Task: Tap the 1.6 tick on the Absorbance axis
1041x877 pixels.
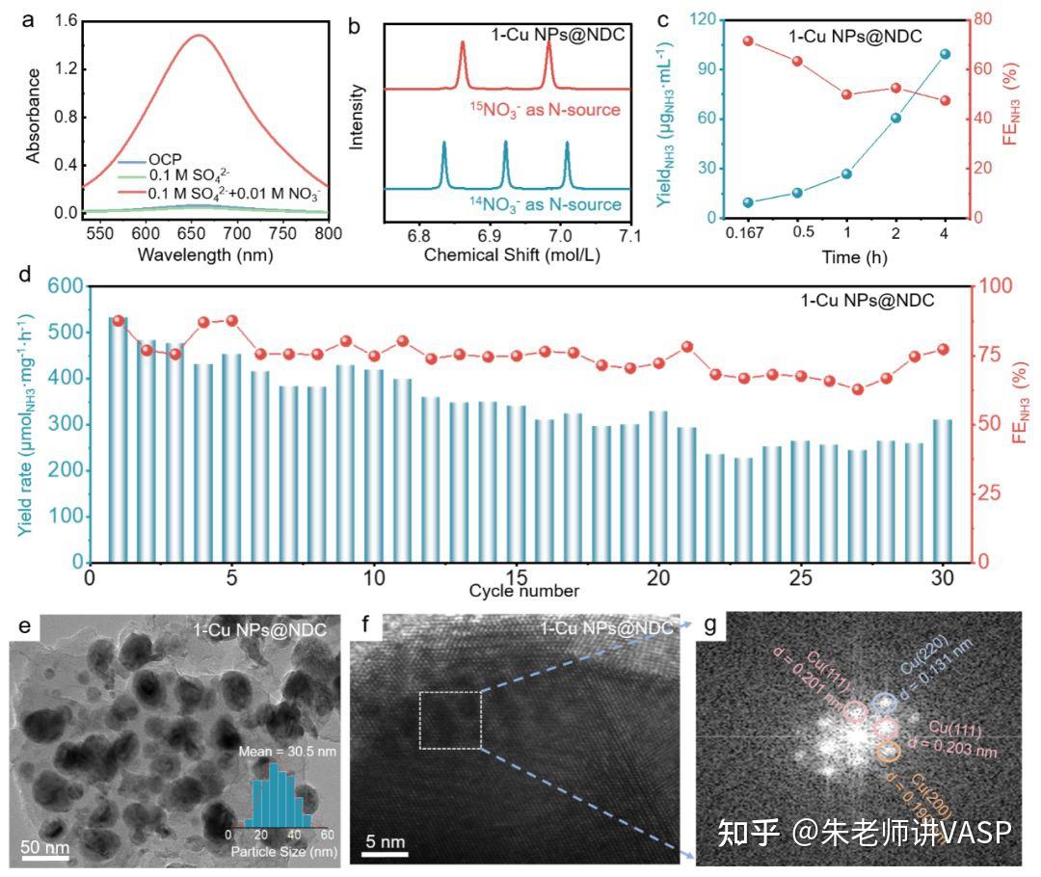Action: pos(61,19)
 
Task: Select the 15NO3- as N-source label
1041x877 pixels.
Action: pos(545,109)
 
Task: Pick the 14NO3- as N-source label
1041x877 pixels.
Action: pos(545,204)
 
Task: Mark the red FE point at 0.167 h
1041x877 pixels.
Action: pos(748,40)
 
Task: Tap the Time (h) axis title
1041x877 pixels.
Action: pos(845,257)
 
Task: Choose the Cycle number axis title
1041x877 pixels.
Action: pos(524,590)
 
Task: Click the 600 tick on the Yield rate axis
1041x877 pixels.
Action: pos(61,286)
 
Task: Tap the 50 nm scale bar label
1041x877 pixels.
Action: pos(45,848)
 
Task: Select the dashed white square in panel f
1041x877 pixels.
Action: pos(450,720)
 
